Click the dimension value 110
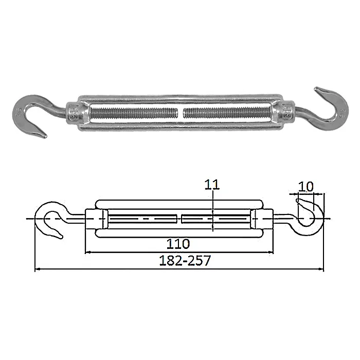pos(178,244)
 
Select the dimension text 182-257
pos(185,261)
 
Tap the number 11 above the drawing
pos(212,185)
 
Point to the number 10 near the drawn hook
pos(305,187)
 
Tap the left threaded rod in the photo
pos(134,113)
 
